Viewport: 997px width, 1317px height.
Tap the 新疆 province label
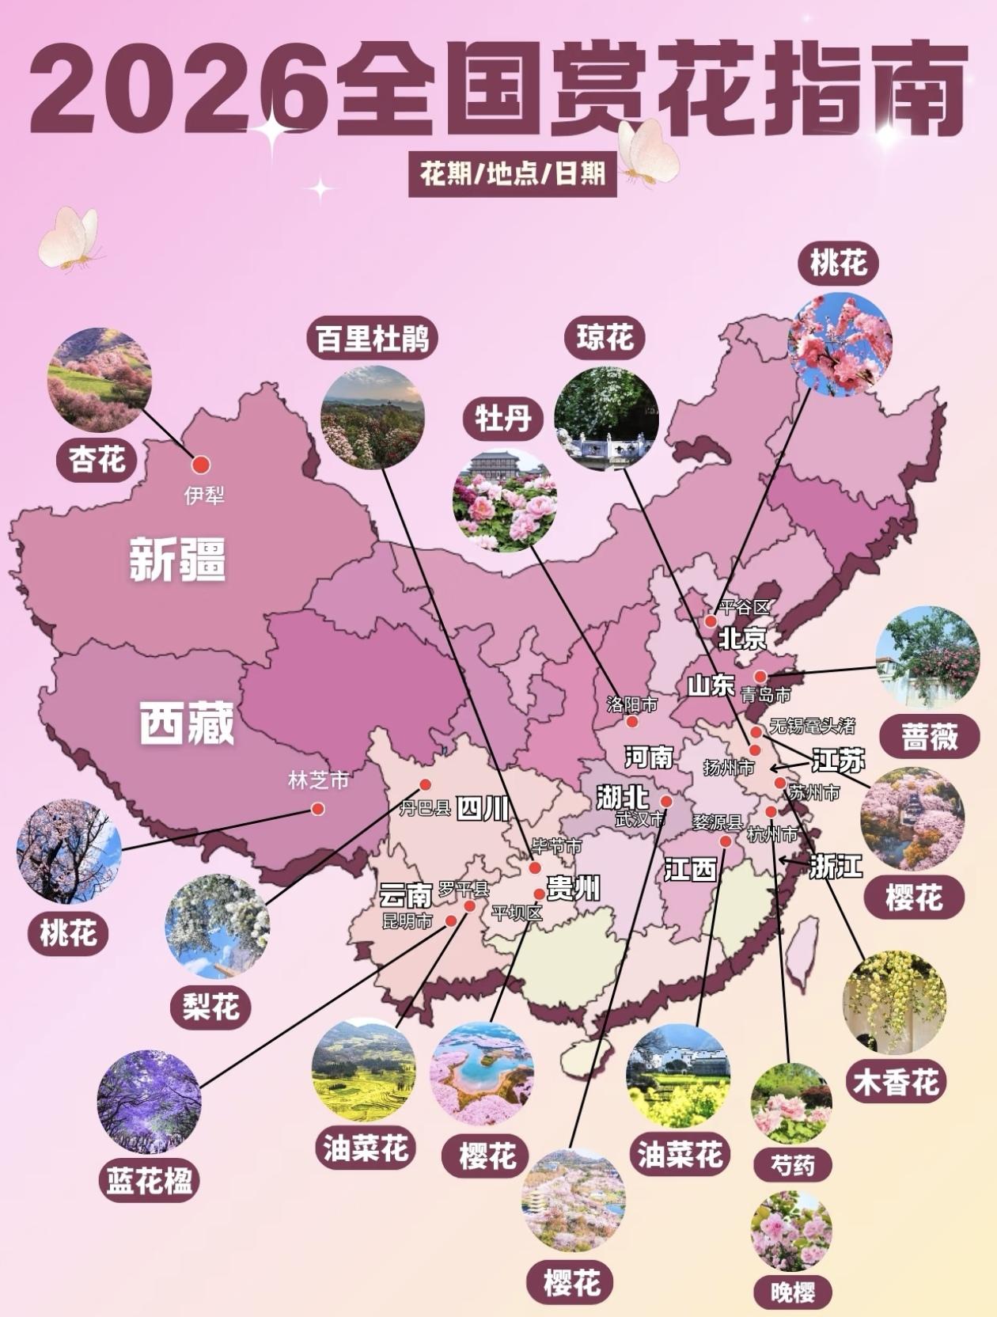(x=177, y=559)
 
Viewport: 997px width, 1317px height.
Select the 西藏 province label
(x=188, y=722)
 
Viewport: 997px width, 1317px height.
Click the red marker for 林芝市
(x=317, y=808)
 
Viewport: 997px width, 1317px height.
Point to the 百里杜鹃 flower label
(x=372, y=340)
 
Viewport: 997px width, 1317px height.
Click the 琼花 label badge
(x=605, y=338)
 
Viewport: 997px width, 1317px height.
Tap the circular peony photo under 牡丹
(x=504, y=499)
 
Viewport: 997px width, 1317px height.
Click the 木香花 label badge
(x=896, y=1082)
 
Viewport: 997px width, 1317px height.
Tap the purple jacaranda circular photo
(x=149, y=1101)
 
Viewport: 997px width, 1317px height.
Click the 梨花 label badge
(x=210, y=1007)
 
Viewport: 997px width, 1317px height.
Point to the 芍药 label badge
(x=791, y=1164)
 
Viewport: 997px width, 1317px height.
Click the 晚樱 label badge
(x=792, y=1292)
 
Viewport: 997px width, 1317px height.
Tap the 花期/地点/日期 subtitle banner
(x=512, y=173)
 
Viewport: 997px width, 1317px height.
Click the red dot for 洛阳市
(x=632, y=722)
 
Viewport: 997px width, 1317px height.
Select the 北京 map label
(x=742, y=638)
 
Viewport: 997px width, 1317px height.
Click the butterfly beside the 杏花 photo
(x=70, y=237)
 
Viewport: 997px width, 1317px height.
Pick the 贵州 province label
(x=573, y=889)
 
